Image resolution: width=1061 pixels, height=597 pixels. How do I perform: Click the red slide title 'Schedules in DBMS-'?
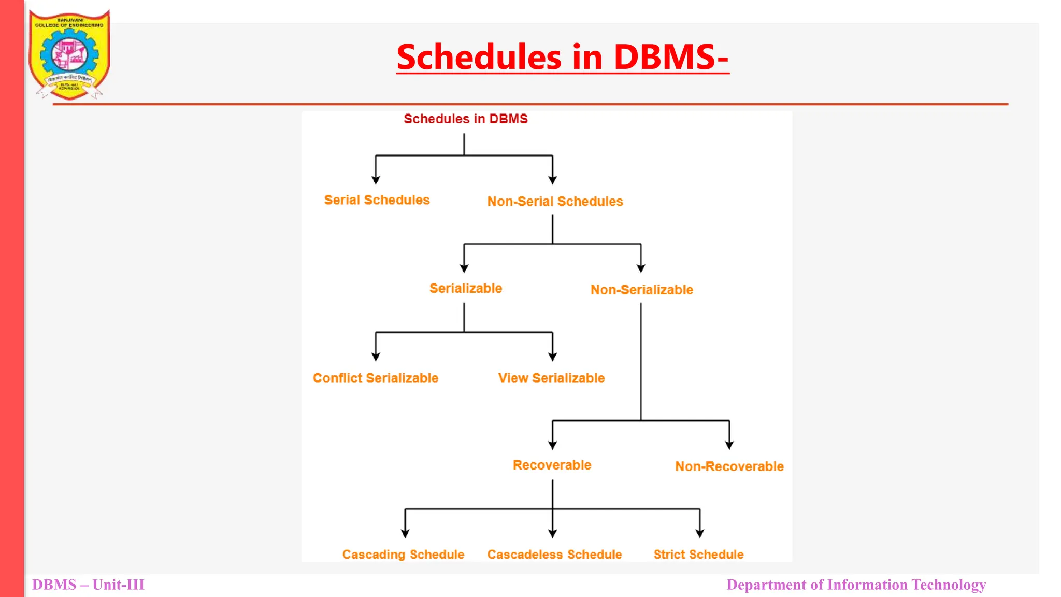pos(563,56)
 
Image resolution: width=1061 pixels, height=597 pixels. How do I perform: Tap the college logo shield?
pos(69,54)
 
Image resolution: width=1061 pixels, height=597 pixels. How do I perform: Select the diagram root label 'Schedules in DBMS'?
pos(465,119)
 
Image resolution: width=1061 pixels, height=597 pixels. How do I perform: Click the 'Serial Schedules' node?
pos(377,200)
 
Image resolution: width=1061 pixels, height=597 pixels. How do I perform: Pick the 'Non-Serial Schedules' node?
pos(555,202)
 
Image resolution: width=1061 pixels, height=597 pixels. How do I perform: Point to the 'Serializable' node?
pos(465,289)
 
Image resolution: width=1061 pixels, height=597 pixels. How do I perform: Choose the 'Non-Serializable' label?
pos(641,290)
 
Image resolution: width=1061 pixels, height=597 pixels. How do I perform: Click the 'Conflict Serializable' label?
pos(375,378)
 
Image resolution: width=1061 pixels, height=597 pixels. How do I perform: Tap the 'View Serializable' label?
pos(551,378)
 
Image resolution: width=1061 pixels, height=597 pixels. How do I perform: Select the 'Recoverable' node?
pos(552,465)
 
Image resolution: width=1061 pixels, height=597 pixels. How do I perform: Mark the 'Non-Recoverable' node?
pos(729,466)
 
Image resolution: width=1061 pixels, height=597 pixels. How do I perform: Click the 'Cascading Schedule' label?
pos(403,555)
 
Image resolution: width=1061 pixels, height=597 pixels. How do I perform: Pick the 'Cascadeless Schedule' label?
pos(554,555)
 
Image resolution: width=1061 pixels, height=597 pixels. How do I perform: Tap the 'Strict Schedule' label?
pos(698,555)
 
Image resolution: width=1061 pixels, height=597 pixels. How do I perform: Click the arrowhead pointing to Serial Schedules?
pos(376,180)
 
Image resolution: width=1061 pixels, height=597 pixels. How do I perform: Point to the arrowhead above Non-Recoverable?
pos(729,445)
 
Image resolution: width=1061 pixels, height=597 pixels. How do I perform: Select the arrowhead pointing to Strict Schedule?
pos(699,533)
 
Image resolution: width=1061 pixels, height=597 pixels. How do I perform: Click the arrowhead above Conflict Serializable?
pos(376,357)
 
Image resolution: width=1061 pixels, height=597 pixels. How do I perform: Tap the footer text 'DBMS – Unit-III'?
pos(88,585)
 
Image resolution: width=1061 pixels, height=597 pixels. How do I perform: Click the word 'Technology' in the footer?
pos(949,585)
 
